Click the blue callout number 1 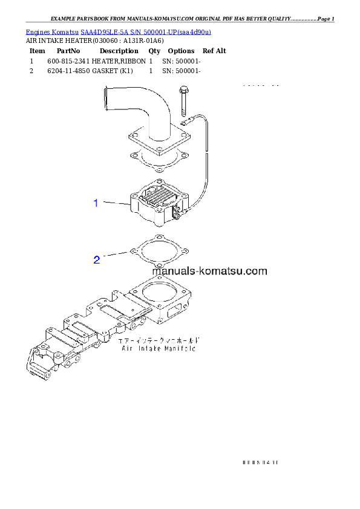pyautogui.click(x=96, y=203)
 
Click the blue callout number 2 pyautogui.click(x=96, y=260)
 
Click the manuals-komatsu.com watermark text pyautogui.click(x=209, y=271)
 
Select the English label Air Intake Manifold pyautogui.click(x=161, y=349)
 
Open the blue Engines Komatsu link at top pyautogui.click(x=118, y=31)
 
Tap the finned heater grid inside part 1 pyautogui.click(x=159, y=195)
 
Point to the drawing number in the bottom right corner pyautogui.click(x=260, y=462)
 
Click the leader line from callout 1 pyautogui.click(x=116, y=204)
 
